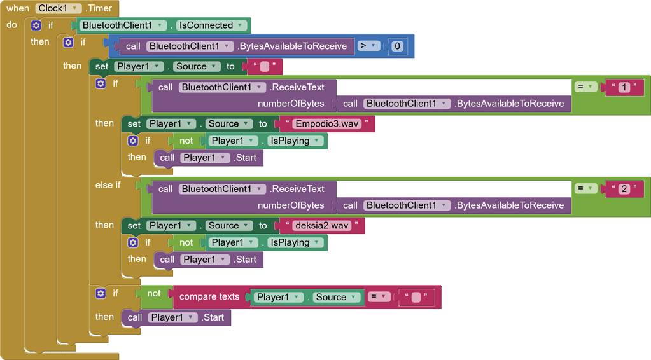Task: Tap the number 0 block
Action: [x=397, y=46]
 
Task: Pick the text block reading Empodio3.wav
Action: [x=327, y=124]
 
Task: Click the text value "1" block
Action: [x=624, y=87]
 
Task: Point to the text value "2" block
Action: [x=624, y=189]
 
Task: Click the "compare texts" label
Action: [x=209, y=297]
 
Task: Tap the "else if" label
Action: [x=108, y=185]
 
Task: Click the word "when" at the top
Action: [x=18, y=8]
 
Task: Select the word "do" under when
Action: [x=12, y=25]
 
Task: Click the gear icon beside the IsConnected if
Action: [x=36, y=25]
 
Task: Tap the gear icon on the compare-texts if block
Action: [x=101, y=293]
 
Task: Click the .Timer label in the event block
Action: [x=99, y=8]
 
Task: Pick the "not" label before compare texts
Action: [x=154, y=293]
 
